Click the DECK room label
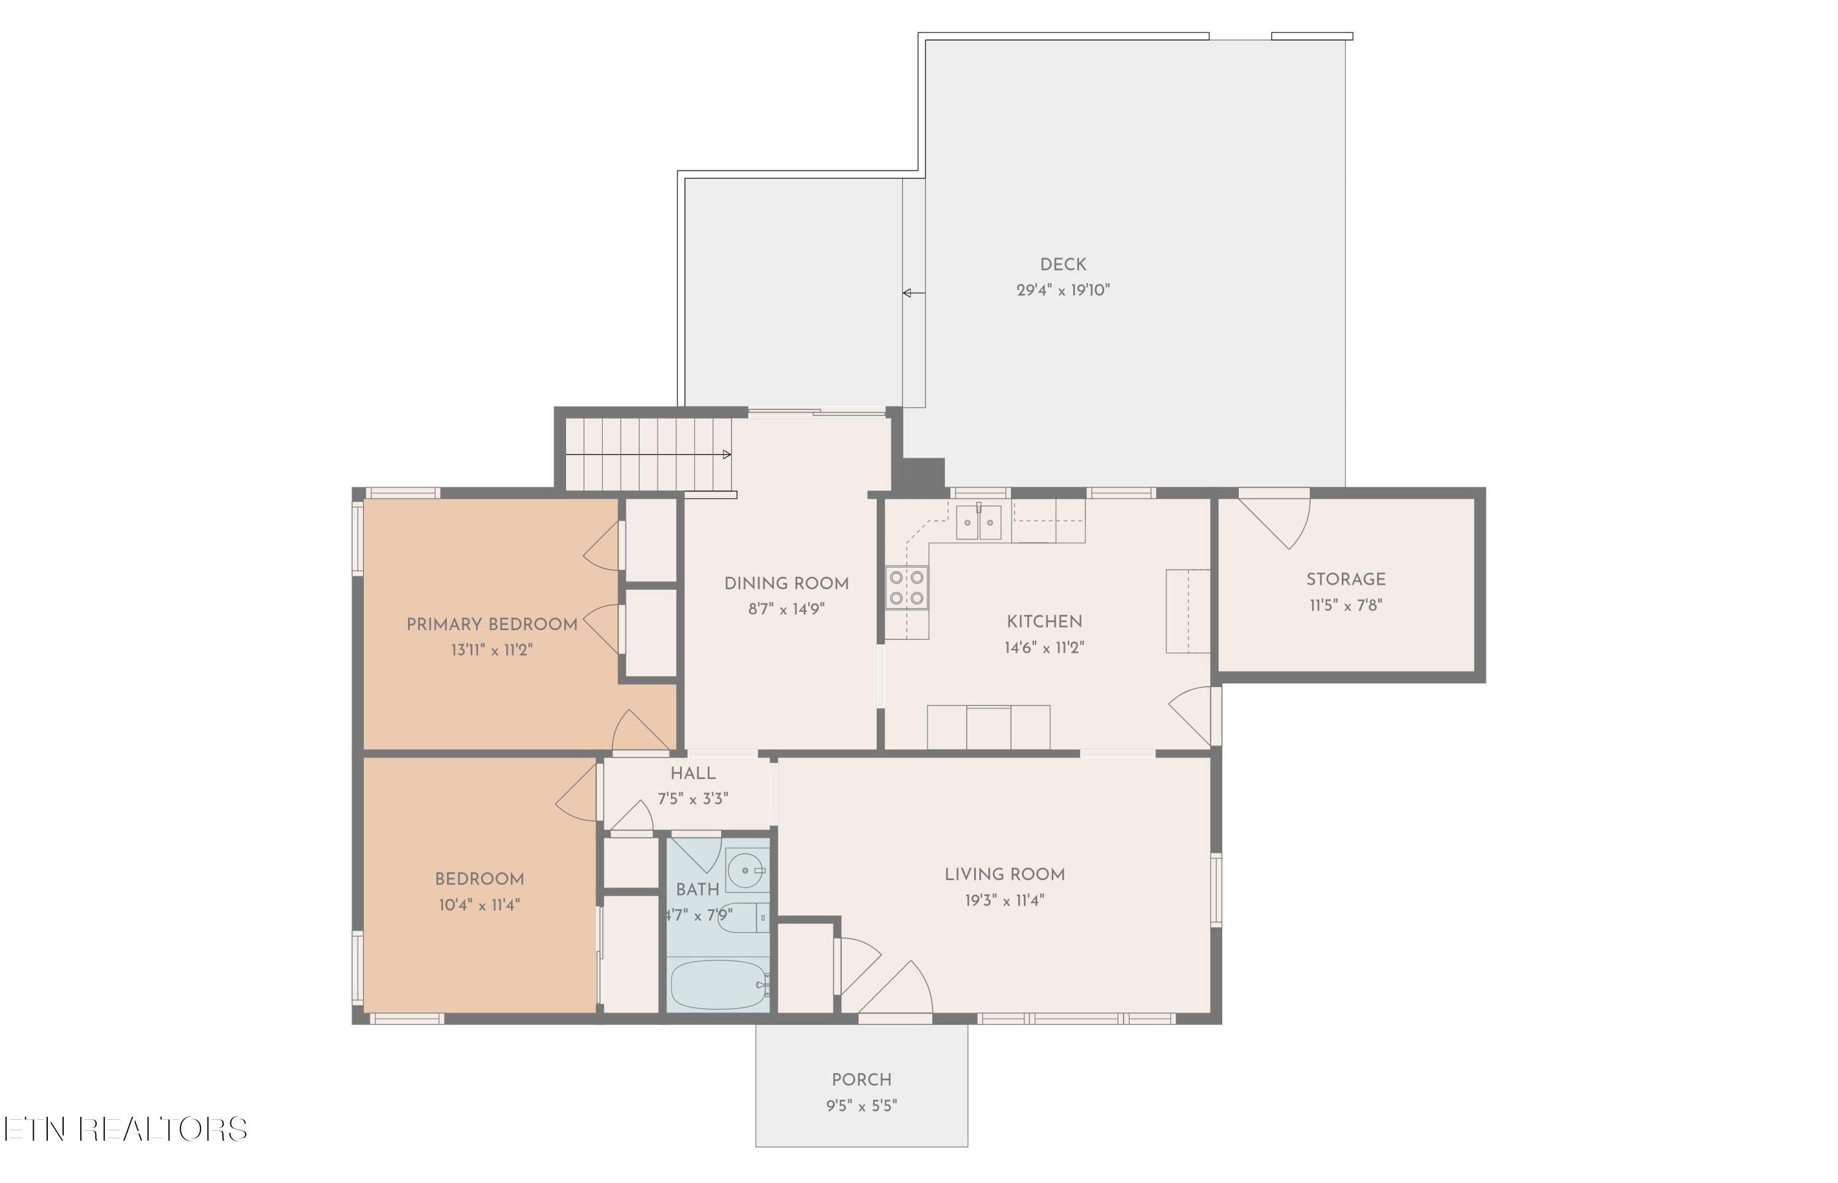(1062, 264)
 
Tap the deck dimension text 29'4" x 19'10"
(1062, 291)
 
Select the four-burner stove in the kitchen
(906, 588)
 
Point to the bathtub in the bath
(719, 986)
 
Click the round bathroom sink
(746, 870)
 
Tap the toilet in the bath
(742, 917)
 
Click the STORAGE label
(1345, 580)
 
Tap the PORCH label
(861, 1080)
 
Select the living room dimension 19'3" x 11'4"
(1004, 900)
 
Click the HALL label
(692, 774)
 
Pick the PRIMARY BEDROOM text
(491, 625)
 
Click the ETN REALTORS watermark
(125, 1129)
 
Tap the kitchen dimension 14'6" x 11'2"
(1044, 647)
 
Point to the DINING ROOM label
(786, 584)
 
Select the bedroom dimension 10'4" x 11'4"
(479, 905)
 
